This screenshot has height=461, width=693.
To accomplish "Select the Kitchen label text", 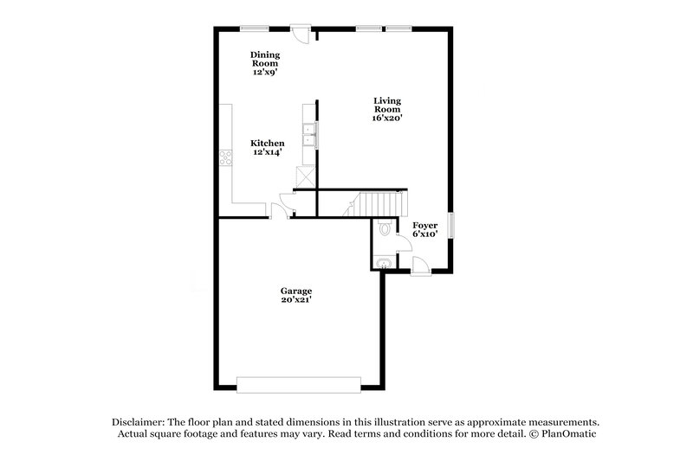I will [x=268, y=143].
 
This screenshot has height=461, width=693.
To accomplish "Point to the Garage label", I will [x=295, y=291].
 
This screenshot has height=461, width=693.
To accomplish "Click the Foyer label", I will [x=424, y=224].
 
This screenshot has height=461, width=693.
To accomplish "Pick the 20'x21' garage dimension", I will [x=295, y=300].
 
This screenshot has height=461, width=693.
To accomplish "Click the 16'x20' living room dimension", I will [x=387, y=118].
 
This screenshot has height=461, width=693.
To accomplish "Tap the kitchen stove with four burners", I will [x=225, y=157].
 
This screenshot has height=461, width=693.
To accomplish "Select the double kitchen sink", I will [x=309, y=134].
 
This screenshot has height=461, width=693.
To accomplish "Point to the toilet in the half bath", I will [x=385, y=229].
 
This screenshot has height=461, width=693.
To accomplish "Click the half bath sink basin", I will [x=384, y=262].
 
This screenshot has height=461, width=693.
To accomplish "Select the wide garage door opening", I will [x=299, y=383].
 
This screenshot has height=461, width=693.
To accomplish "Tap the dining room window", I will [x=253, y=29].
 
